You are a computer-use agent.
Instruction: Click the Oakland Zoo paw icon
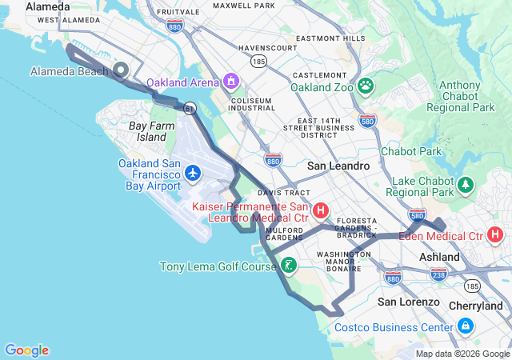click(366, 85)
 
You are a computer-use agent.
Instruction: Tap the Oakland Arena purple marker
click(231, 81)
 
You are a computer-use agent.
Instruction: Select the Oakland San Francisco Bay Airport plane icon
click(193, 172)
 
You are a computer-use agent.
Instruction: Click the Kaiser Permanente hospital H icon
click(321, 211)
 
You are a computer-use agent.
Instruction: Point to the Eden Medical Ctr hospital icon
click(496, 235)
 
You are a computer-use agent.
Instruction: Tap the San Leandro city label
click(338, 166)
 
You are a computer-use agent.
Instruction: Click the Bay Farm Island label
click(148, 131)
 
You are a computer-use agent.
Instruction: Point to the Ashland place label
click(440, 257)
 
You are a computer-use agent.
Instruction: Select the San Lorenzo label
click(409, 302)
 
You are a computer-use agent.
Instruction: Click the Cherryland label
click(476, 306)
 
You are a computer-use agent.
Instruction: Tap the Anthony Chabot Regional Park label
click(460, 96)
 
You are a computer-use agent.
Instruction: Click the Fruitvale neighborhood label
click(178, 13)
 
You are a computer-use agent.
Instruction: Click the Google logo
click(26, 350)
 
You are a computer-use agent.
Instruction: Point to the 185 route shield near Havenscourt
click(258, 60)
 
